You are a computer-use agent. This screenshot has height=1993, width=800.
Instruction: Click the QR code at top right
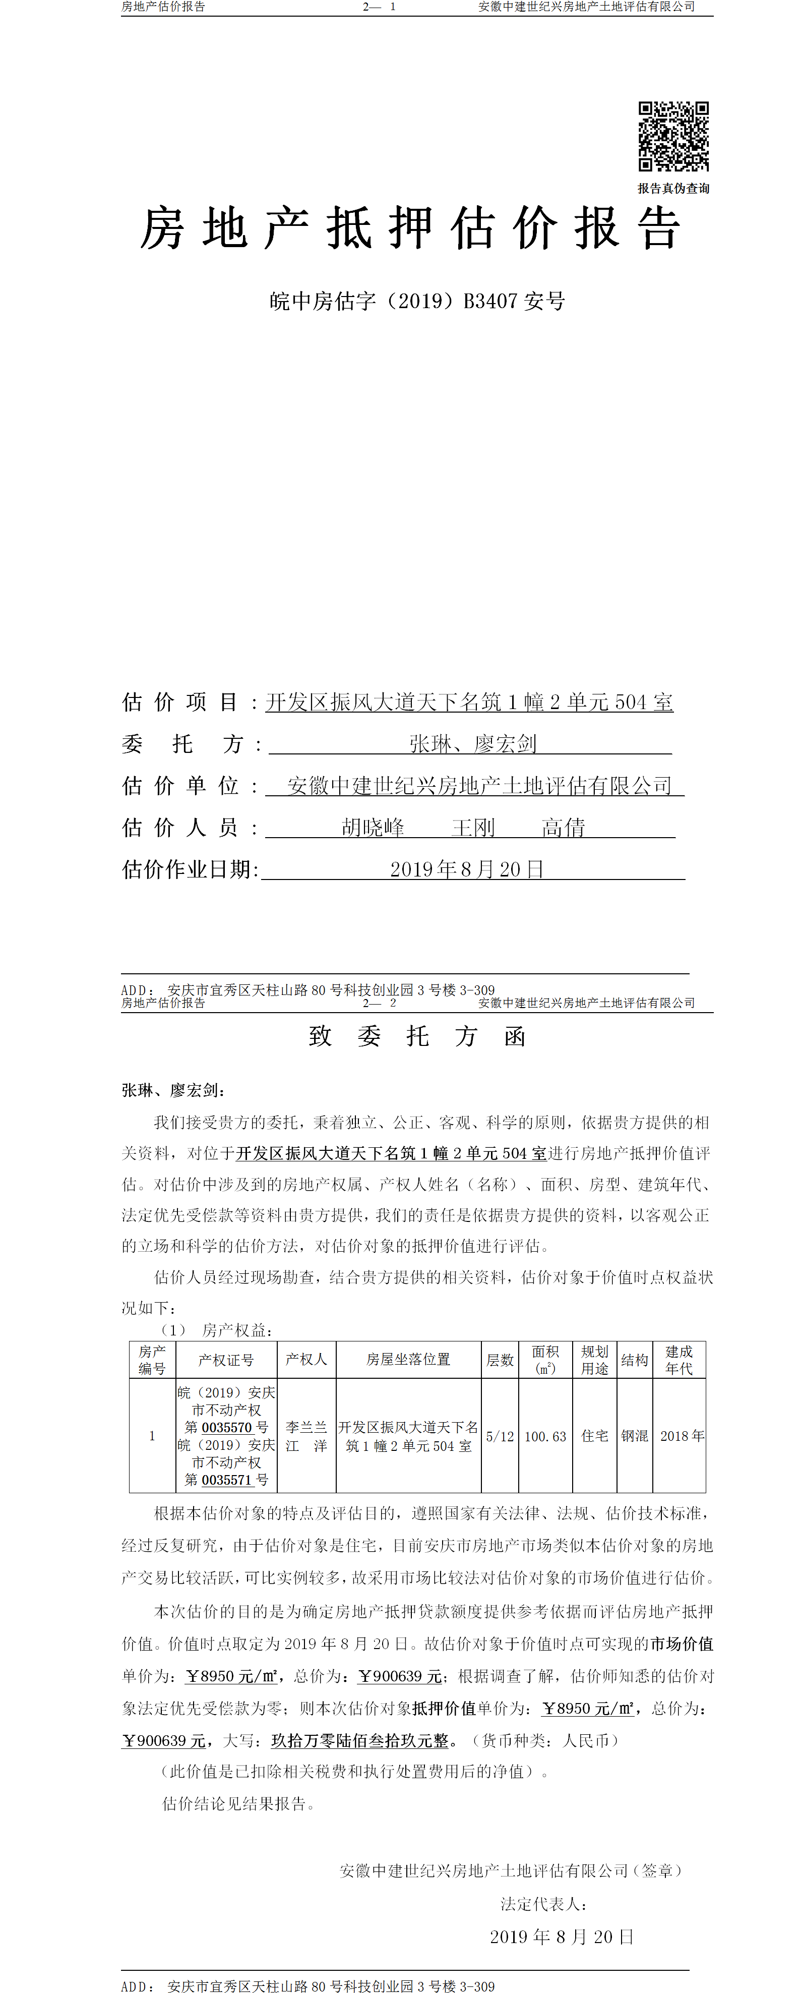click(673, 136)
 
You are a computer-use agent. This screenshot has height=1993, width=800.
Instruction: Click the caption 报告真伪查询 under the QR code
click(673, 188)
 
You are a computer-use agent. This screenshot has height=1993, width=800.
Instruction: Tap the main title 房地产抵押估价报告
click(410, 228)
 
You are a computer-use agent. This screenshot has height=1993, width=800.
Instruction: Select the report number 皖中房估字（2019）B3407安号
click(417, 301)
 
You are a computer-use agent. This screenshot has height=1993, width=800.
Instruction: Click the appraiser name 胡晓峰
click(373, 828)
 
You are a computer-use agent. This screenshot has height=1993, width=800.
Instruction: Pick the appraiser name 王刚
click(473, 828)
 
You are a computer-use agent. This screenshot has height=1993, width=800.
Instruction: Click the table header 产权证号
click(226, 1360)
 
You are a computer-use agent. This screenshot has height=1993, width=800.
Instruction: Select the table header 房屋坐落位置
click(408, 1360)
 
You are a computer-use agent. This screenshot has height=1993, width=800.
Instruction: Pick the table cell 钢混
click(635, 1436)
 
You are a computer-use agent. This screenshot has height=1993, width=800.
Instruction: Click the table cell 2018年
click(682, 1436)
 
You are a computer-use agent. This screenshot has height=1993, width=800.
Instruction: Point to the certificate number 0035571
click(227, 1480)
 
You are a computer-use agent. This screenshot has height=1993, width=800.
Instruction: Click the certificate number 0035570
click(227, 1428)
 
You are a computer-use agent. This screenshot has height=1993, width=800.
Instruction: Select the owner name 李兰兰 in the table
click(306, 1428)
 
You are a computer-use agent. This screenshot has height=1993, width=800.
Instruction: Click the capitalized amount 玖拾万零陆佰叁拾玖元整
click(360, 1741)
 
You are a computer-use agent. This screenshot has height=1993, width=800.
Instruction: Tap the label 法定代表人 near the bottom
click(543, 1904)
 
